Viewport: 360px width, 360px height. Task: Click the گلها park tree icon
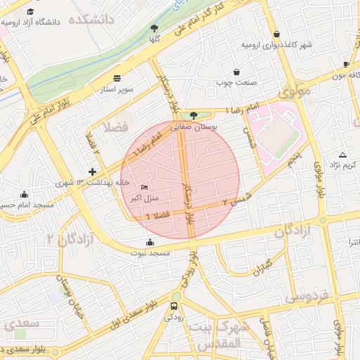tap(154, 28)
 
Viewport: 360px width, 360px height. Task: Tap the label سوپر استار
tap(117, 90)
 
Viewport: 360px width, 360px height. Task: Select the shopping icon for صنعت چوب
tap(236, 72)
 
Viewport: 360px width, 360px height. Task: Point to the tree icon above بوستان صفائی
tap(194, 115)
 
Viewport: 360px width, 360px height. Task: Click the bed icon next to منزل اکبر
tap(144, 187)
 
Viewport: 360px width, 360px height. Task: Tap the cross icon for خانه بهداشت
tap(91, 172)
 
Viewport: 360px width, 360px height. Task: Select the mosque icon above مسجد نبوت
tap(149, 242)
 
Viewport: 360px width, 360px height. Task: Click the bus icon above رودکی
tap(174, 306)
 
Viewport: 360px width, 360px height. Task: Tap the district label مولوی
tap(293, 92)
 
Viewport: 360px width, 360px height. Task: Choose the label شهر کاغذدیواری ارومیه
tap(276, 46)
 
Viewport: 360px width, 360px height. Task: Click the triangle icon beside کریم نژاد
tap(342, 154)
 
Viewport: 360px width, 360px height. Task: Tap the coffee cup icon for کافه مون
tap(346, 63)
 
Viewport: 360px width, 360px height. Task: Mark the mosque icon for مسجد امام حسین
tap(25, 195)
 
